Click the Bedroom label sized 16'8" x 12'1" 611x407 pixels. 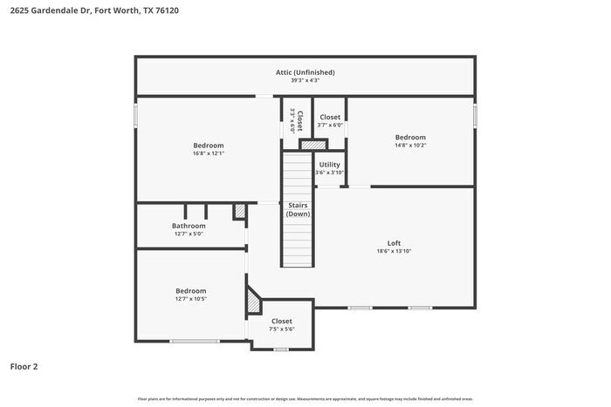click(x=209, y=146)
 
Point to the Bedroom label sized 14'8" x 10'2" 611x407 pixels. click(x=410, y=137)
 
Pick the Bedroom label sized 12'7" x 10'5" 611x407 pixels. click(x=191, y=291)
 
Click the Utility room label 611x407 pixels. click(x=329, y=164)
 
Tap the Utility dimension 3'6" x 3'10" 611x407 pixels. click(x=329, y=173)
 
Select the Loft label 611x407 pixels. click(x=394, y=243)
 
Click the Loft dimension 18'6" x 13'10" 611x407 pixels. click(x=394, y=251)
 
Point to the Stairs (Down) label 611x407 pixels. click(x=299, y=209)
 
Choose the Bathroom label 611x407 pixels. click(x=189, y=226)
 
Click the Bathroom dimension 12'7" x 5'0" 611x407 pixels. click(x=189, y=234)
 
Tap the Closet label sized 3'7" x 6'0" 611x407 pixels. click(x=330, y=117)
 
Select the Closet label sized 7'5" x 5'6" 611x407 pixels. click(x=281, y=321)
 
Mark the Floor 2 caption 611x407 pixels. click(x=24, y=367)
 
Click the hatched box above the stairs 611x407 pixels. click(x=307, y=145)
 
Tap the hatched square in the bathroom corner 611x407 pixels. click(x=239, y=212)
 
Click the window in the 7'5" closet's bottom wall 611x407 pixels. click(x=280, y=349)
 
